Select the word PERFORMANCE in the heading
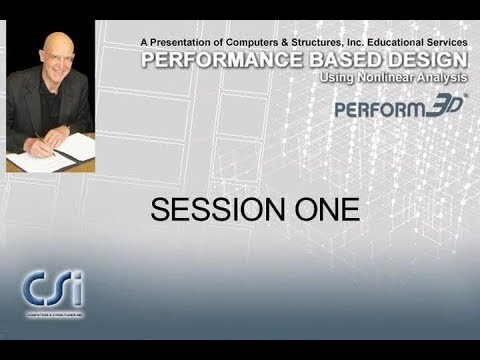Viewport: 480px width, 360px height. pos(211,60)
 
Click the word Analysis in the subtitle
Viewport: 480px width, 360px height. pos(441,77)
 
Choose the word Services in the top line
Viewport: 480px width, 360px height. pos(447,42)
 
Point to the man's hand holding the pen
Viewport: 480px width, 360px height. pos(42,146)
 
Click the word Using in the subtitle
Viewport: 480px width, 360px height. pos(337,77)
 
